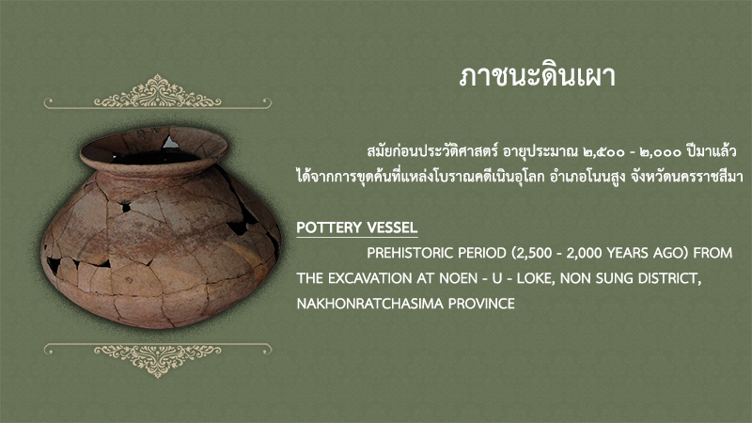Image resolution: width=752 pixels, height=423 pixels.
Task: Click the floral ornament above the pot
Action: click(157, 91)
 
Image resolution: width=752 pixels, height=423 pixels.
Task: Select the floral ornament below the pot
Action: click(157, 360)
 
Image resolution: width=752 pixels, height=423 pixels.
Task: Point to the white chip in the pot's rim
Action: click(170, 143)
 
